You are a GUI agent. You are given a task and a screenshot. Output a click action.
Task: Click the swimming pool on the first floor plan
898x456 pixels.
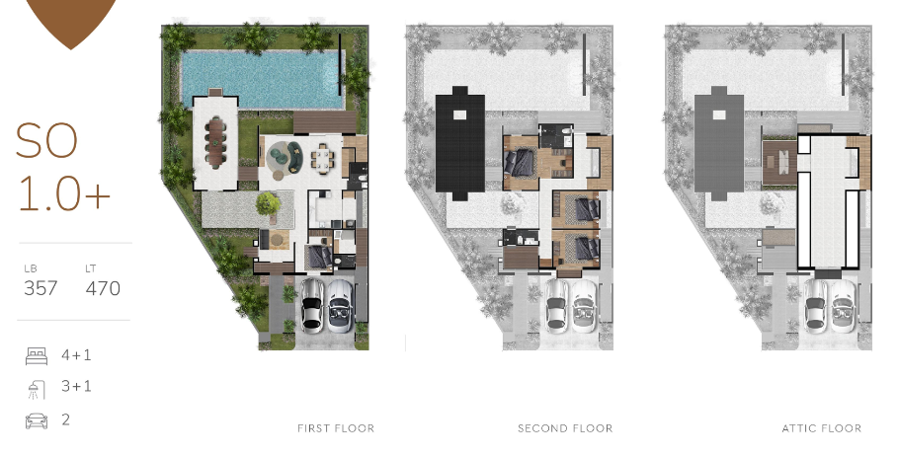click(263, 80)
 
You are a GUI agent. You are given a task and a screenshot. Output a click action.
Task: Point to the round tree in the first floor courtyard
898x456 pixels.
click(268, 204)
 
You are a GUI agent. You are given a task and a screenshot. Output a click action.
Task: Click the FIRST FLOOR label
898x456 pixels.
click(336, 428)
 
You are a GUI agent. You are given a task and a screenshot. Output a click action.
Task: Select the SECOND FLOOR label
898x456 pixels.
click(565, 428)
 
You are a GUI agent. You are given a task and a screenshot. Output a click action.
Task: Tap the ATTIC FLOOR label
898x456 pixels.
click(821, 428)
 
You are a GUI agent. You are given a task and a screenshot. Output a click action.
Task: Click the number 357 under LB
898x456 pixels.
click(41, 288)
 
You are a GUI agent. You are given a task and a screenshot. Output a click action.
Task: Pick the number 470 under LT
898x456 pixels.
click(103, 288)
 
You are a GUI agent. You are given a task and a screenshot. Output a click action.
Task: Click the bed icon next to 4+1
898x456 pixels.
click(36, 355)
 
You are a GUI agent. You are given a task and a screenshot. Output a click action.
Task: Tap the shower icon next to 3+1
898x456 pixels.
click(36, 387)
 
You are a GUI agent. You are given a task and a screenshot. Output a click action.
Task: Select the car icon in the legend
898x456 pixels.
click(36, 420)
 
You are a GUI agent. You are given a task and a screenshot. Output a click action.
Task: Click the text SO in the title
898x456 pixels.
click(46, 143)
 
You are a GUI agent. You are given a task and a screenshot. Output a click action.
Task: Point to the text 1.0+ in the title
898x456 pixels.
click(64, 194)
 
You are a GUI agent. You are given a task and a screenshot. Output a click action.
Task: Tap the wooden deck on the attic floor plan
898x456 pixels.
click(779, 162)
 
